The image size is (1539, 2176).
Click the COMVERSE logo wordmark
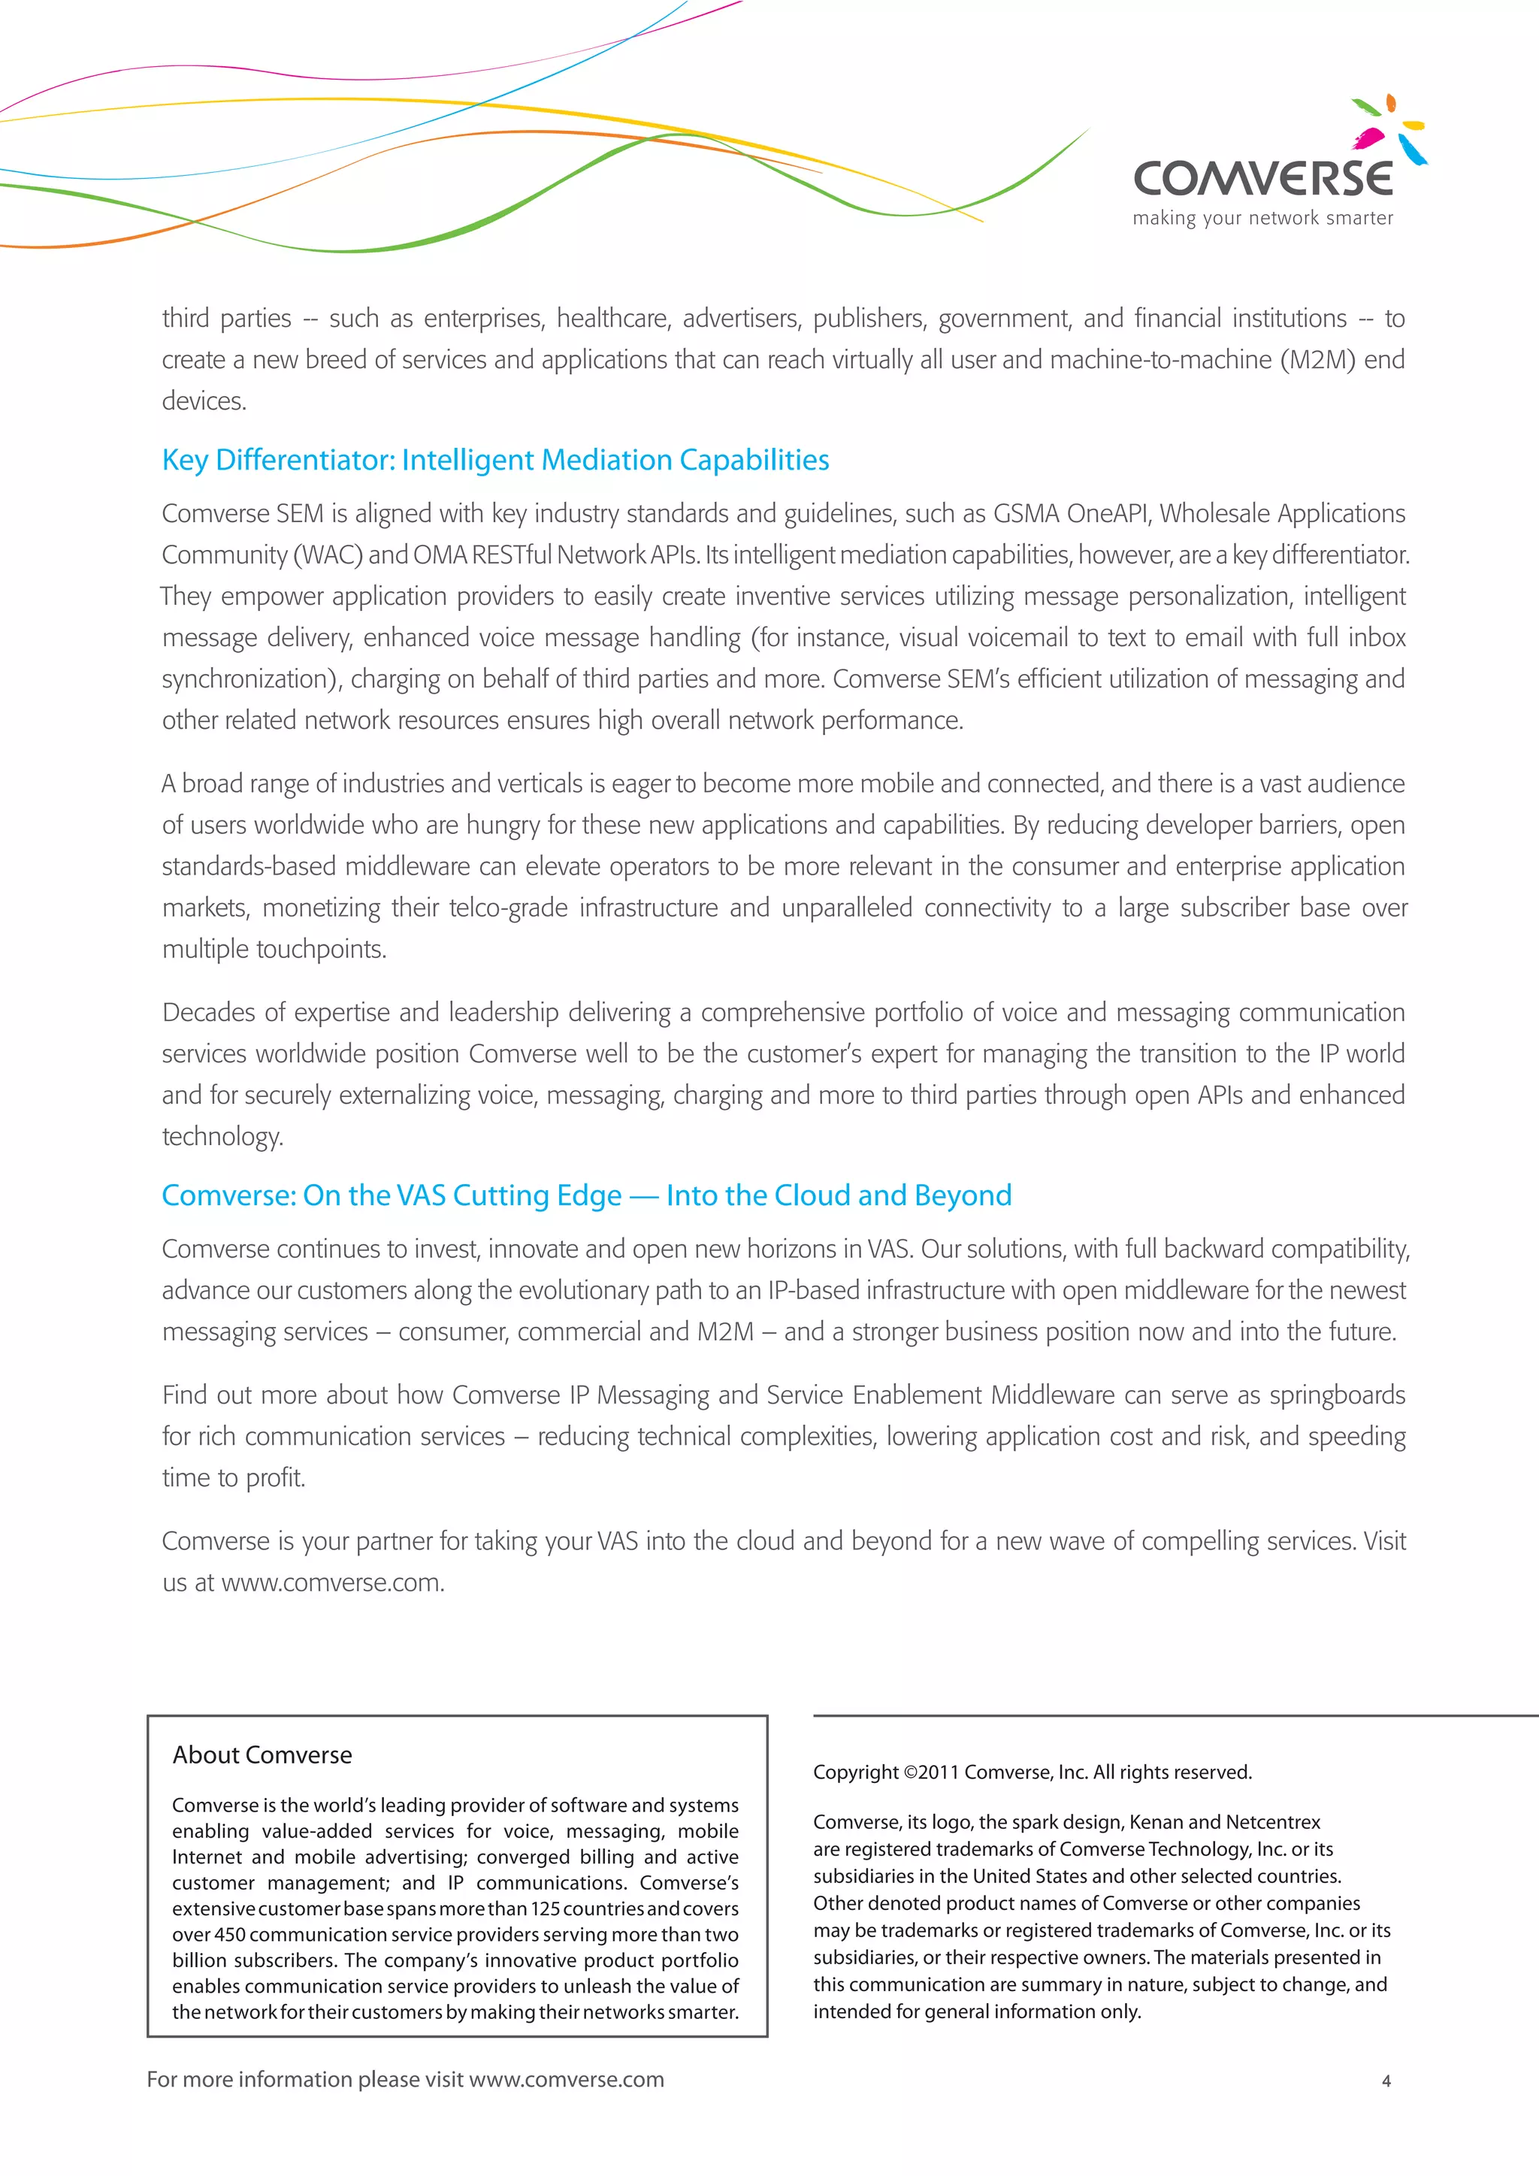point(1262,178)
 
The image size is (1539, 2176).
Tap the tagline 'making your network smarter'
point(1262,218)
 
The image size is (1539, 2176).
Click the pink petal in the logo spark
point(1368,139)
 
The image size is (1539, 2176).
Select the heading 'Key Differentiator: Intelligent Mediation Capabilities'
point(496,460)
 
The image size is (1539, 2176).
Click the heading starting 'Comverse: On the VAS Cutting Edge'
point(587,1195)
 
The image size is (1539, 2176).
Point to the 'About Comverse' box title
point(262,1754)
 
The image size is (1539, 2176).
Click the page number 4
point(1386,2081)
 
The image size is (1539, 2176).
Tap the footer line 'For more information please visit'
point(305,2079)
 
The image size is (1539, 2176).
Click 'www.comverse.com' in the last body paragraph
point(331,1582)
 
